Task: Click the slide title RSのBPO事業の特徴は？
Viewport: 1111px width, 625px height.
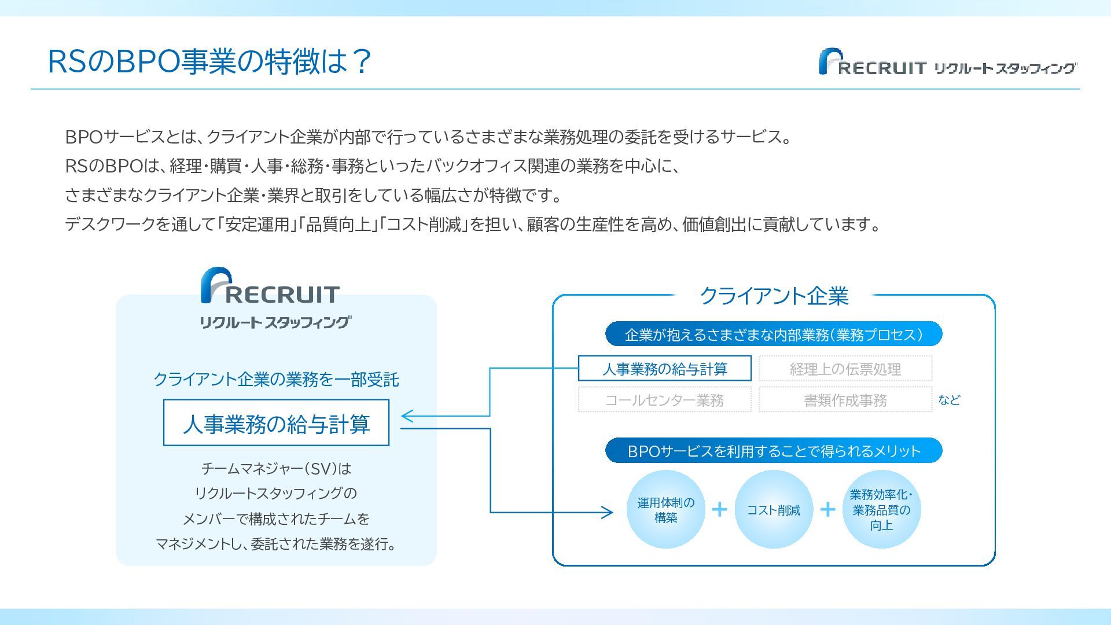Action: [209, 61]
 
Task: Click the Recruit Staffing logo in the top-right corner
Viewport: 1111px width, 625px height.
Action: [947, 62]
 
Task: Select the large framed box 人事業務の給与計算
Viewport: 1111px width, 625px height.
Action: [276, 423]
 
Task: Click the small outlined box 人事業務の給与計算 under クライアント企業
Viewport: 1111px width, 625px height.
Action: [664, 369]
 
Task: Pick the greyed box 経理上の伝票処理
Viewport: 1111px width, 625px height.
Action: [845, 369]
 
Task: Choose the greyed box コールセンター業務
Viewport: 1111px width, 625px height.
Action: [664, 400]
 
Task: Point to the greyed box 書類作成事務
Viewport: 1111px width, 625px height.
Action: [845, 400]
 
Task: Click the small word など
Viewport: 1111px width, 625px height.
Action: [949, 400]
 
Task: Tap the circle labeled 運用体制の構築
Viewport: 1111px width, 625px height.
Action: [665, 509]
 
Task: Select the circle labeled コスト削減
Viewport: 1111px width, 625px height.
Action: [774, 509]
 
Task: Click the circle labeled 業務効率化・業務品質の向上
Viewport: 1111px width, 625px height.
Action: [881, 509]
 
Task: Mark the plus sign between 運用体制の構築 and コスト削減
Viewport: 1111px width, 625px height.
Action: [719, 509]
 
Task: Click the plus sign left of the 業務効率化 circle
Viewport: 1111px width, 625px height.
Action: [827, 509]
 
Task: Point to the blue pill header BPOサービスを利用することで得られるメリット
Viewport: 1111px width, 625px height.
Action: [774, 451]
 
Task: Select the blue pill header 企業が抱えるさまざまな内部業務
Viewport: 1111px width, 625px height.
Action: [774, 334]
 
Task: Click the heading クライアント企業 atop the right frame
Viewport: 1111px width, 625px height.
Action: [774, 296]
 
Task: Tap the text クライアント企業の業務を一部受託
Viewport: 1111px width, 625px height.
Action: [276, 380]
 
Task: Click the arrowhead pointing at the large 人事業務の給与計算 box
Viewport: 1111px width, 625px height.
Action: [406, 416]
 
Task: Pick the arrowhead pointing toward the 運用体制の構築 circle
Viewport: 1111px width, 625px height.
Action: [607, 512]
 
